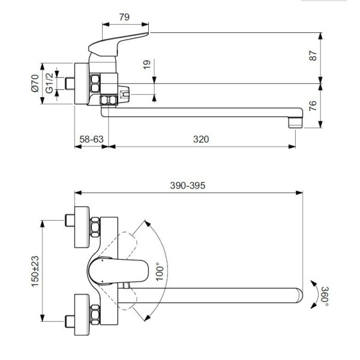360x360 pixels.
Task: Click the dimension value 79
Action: click(x=124, y=17)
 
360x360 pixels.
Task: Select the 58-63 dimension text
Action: click(x=91, y=139)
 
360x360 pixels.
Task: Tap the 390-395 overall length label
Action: click(x=188, y=185)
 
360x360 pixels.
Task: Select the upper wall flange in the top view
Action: click(x=80, y=229)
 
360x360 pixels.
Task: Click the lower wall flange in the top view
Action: click(x=80, y=313)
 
